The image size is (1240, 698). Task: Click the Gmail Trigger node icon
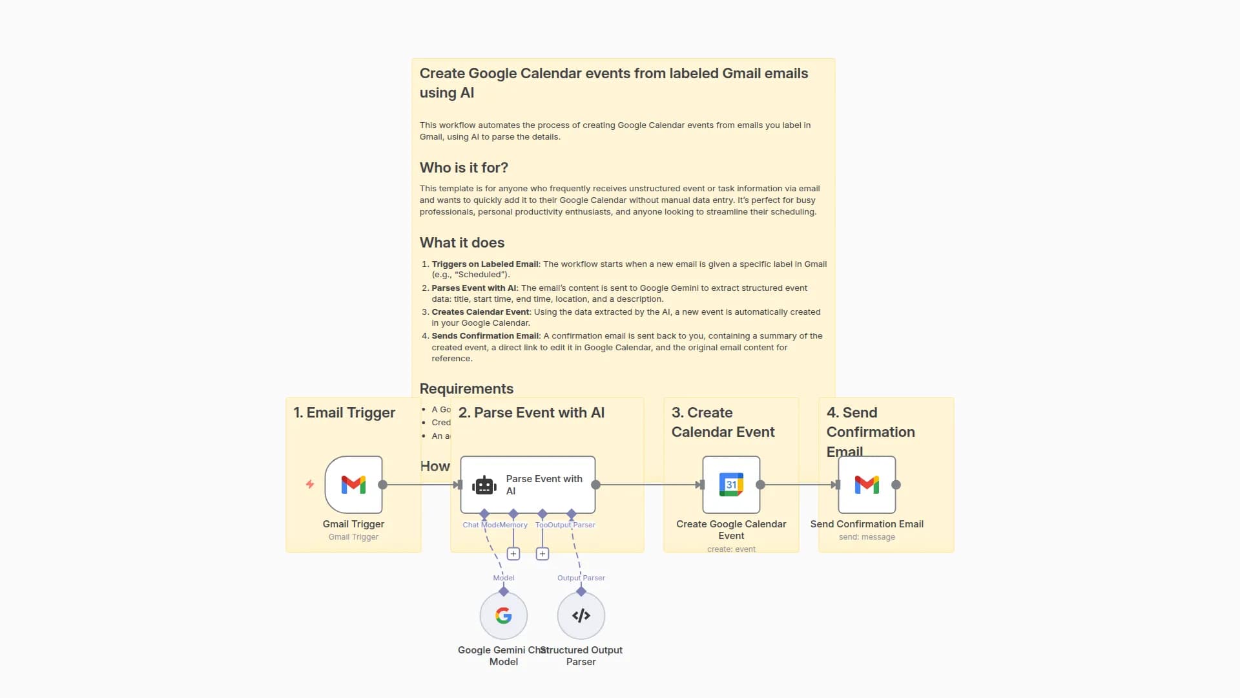coord(353,485)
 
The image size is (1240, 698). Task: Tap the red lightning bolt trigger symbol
coord(310,484)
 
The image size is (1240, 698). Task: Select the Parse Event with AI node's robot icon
coord(484,485)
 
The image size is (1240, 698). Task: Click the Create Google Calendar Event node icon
coord(731,485)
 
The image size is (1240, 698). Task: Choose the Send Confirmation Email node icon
coord(867,485)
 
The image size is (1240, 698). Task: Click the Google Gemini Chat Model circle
coord(504,615)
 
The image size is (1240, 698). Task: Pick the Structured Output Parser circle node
coord(581,615)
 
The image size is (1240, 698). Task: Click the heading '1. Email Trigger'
coord(344,412)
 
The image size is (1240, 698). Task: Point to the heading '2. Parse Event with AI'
coord(532,412)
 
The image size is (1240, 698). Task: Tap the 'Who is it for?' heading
coord(464,167)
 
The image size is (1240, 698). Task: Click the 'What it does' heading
coord(462,242)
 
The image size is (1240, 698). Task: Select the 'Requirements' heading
coord(466,388)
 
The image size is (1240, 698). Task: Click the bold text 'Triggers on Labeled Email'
coord(485,264)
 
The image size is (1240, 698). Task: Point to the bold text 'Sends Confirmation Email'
coord(485,336)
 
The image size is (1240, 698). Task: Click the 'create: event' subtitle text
coord(731,549)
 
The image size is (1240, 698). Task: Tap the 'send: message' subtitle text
coord(867,537)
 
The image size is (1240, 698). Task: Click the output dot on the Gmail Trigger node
coord(383,485)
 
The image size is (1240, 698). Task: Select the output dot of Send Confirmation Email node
coord(896,485)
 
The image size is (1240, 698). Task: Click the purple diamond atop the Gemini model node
coord(504,591)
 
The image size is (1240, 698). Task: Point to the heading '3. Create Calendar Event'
coord(723,422)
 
